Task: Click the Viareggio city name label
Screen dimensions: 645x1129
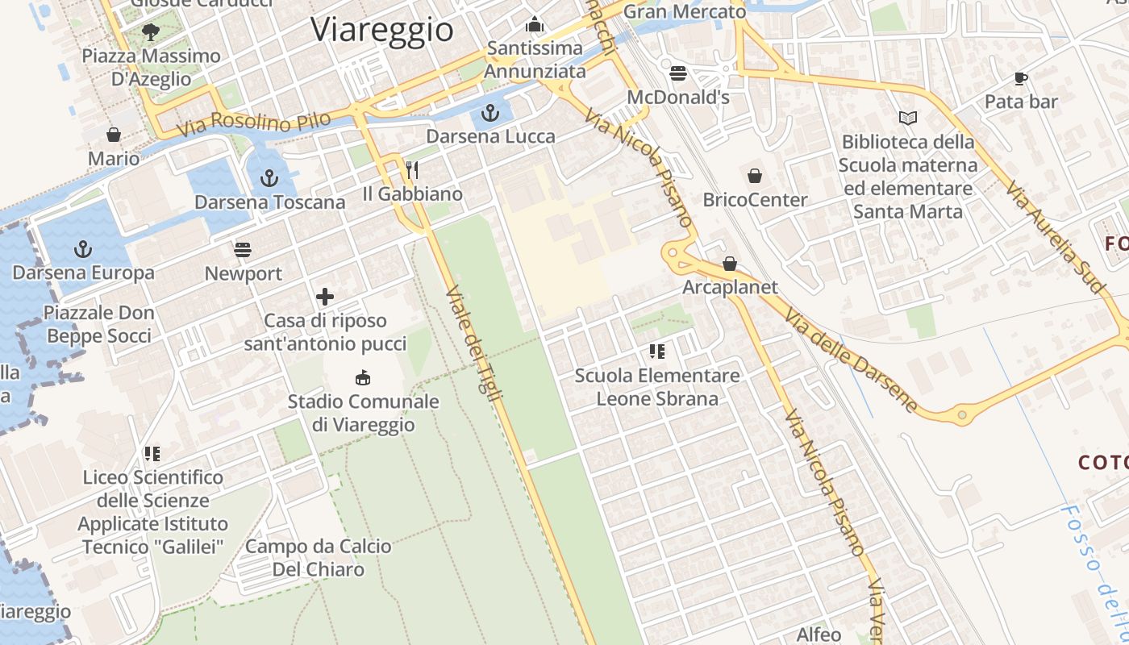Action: click(382, 30)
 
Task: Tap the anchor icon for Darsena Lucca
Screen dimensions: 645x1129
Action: click(490, 113)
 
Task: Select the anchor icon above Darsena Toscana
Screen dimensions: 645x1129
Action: click(269, 177)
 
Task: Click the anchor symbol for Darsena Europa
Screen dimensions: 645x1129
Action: click(83, 248)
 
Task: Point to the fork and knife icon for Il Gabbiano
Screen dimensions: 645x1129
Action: click(411, 169)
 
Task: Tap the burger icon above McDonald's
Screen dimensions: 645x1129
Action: click(677, 73)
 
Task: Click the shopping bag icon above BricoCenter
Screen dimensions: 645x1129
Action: click(755, 175)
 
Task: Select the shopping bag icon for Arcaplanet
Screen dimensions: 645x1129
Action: click(730, 263)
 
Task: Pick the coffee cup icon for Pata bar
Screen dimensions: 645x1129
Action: click(1020, 78)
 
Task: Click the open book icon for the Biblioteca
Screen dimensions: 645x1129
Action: click(908, 118)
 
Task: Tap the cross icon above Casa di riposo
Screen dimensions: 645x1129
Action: click(325, 297)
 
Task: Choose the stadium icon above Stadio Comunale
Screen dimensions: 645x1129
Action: click(363, 377)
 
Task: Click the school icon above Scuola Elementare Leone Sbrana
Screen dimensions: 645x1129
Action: click(656, 352)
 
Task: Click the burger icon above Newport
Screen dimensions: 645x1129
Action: click(243, 249)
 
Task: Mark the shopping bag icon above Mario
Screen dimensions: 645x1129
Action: click(114, 134)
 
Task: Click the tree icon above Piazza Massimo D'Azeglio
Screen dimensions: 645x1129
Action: click(150, 31)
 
